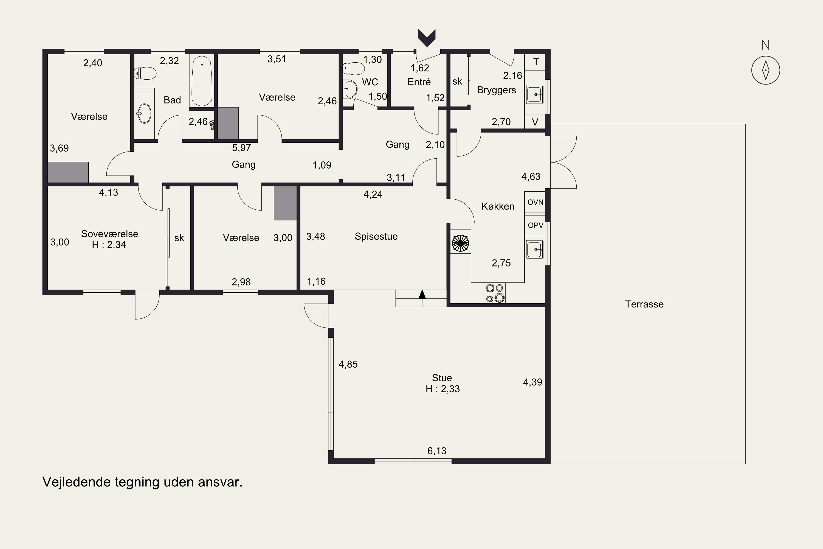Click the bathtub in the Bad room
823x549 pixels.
click(x=202, y=81)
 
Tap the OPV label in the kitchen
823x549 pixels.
click(x=535, y=225)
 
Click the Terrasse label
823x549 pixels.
click(x=644, y=304)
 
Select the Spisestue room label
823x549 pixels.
click(x=376, y=236)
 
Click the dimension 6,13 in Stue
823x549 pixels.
click(x=437, y=451)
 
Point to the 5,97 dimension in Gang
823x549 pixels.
click(x=241, y=148)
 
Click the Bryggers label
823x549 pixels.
click(x=496, y=90)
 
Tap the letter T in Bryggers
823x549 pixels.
click(x=536, y=62)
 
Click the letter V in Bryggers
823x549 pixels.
click(x=535, y=122)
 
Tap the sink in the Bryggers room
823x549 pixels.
click(x=535, y=94)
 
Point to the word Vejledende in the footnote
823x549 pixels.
click(x=76, y=482)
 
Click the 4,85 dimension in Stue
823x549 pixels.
click(x=348, y=364)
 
